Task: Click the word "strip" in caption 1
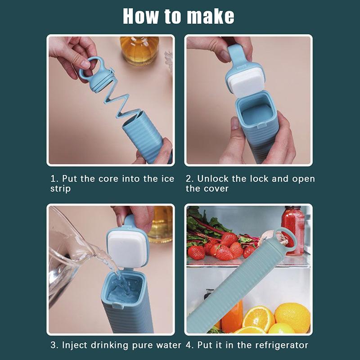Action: coord(60,189)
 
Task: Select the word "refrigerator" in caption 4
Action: coord(280,345)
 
